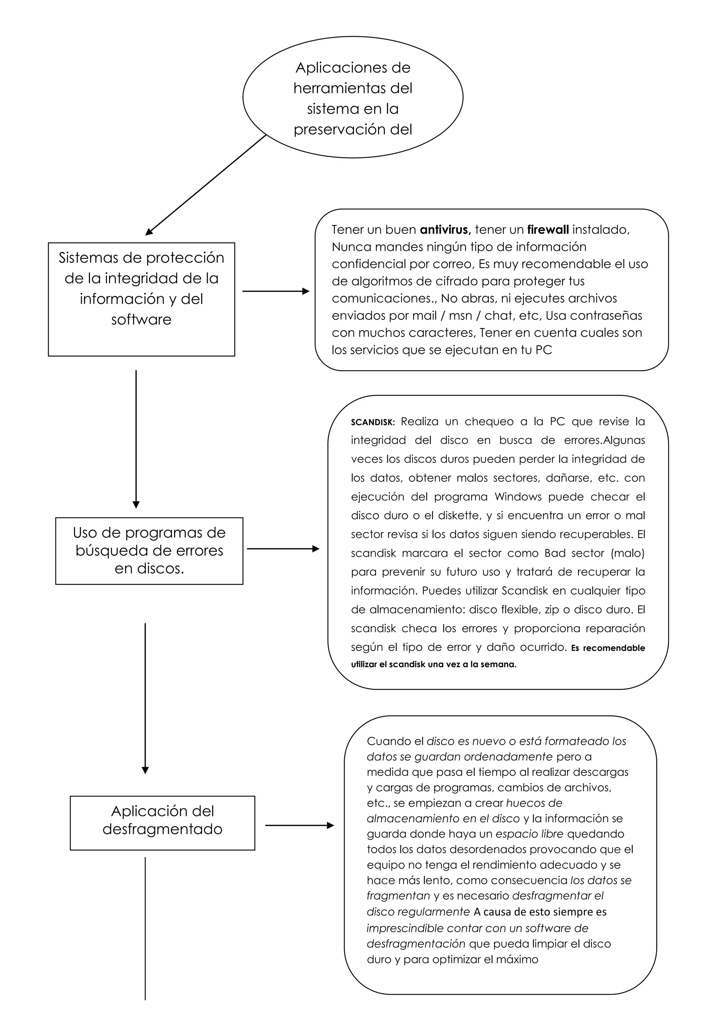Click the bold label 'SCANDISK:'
pos(373,422)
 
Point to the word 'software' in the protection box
pos(141,320)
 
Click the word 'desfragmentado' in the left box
pos(162,829)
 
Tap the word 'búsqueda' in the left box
pos(103,550)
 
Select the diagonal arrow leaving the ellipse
pos(205,185)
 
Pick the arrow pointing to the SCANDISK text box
pos(283,549)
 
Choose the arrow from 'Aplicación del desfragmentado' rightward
pos(299,825)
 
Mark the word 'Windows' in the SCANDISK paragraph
pos(518,497)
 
